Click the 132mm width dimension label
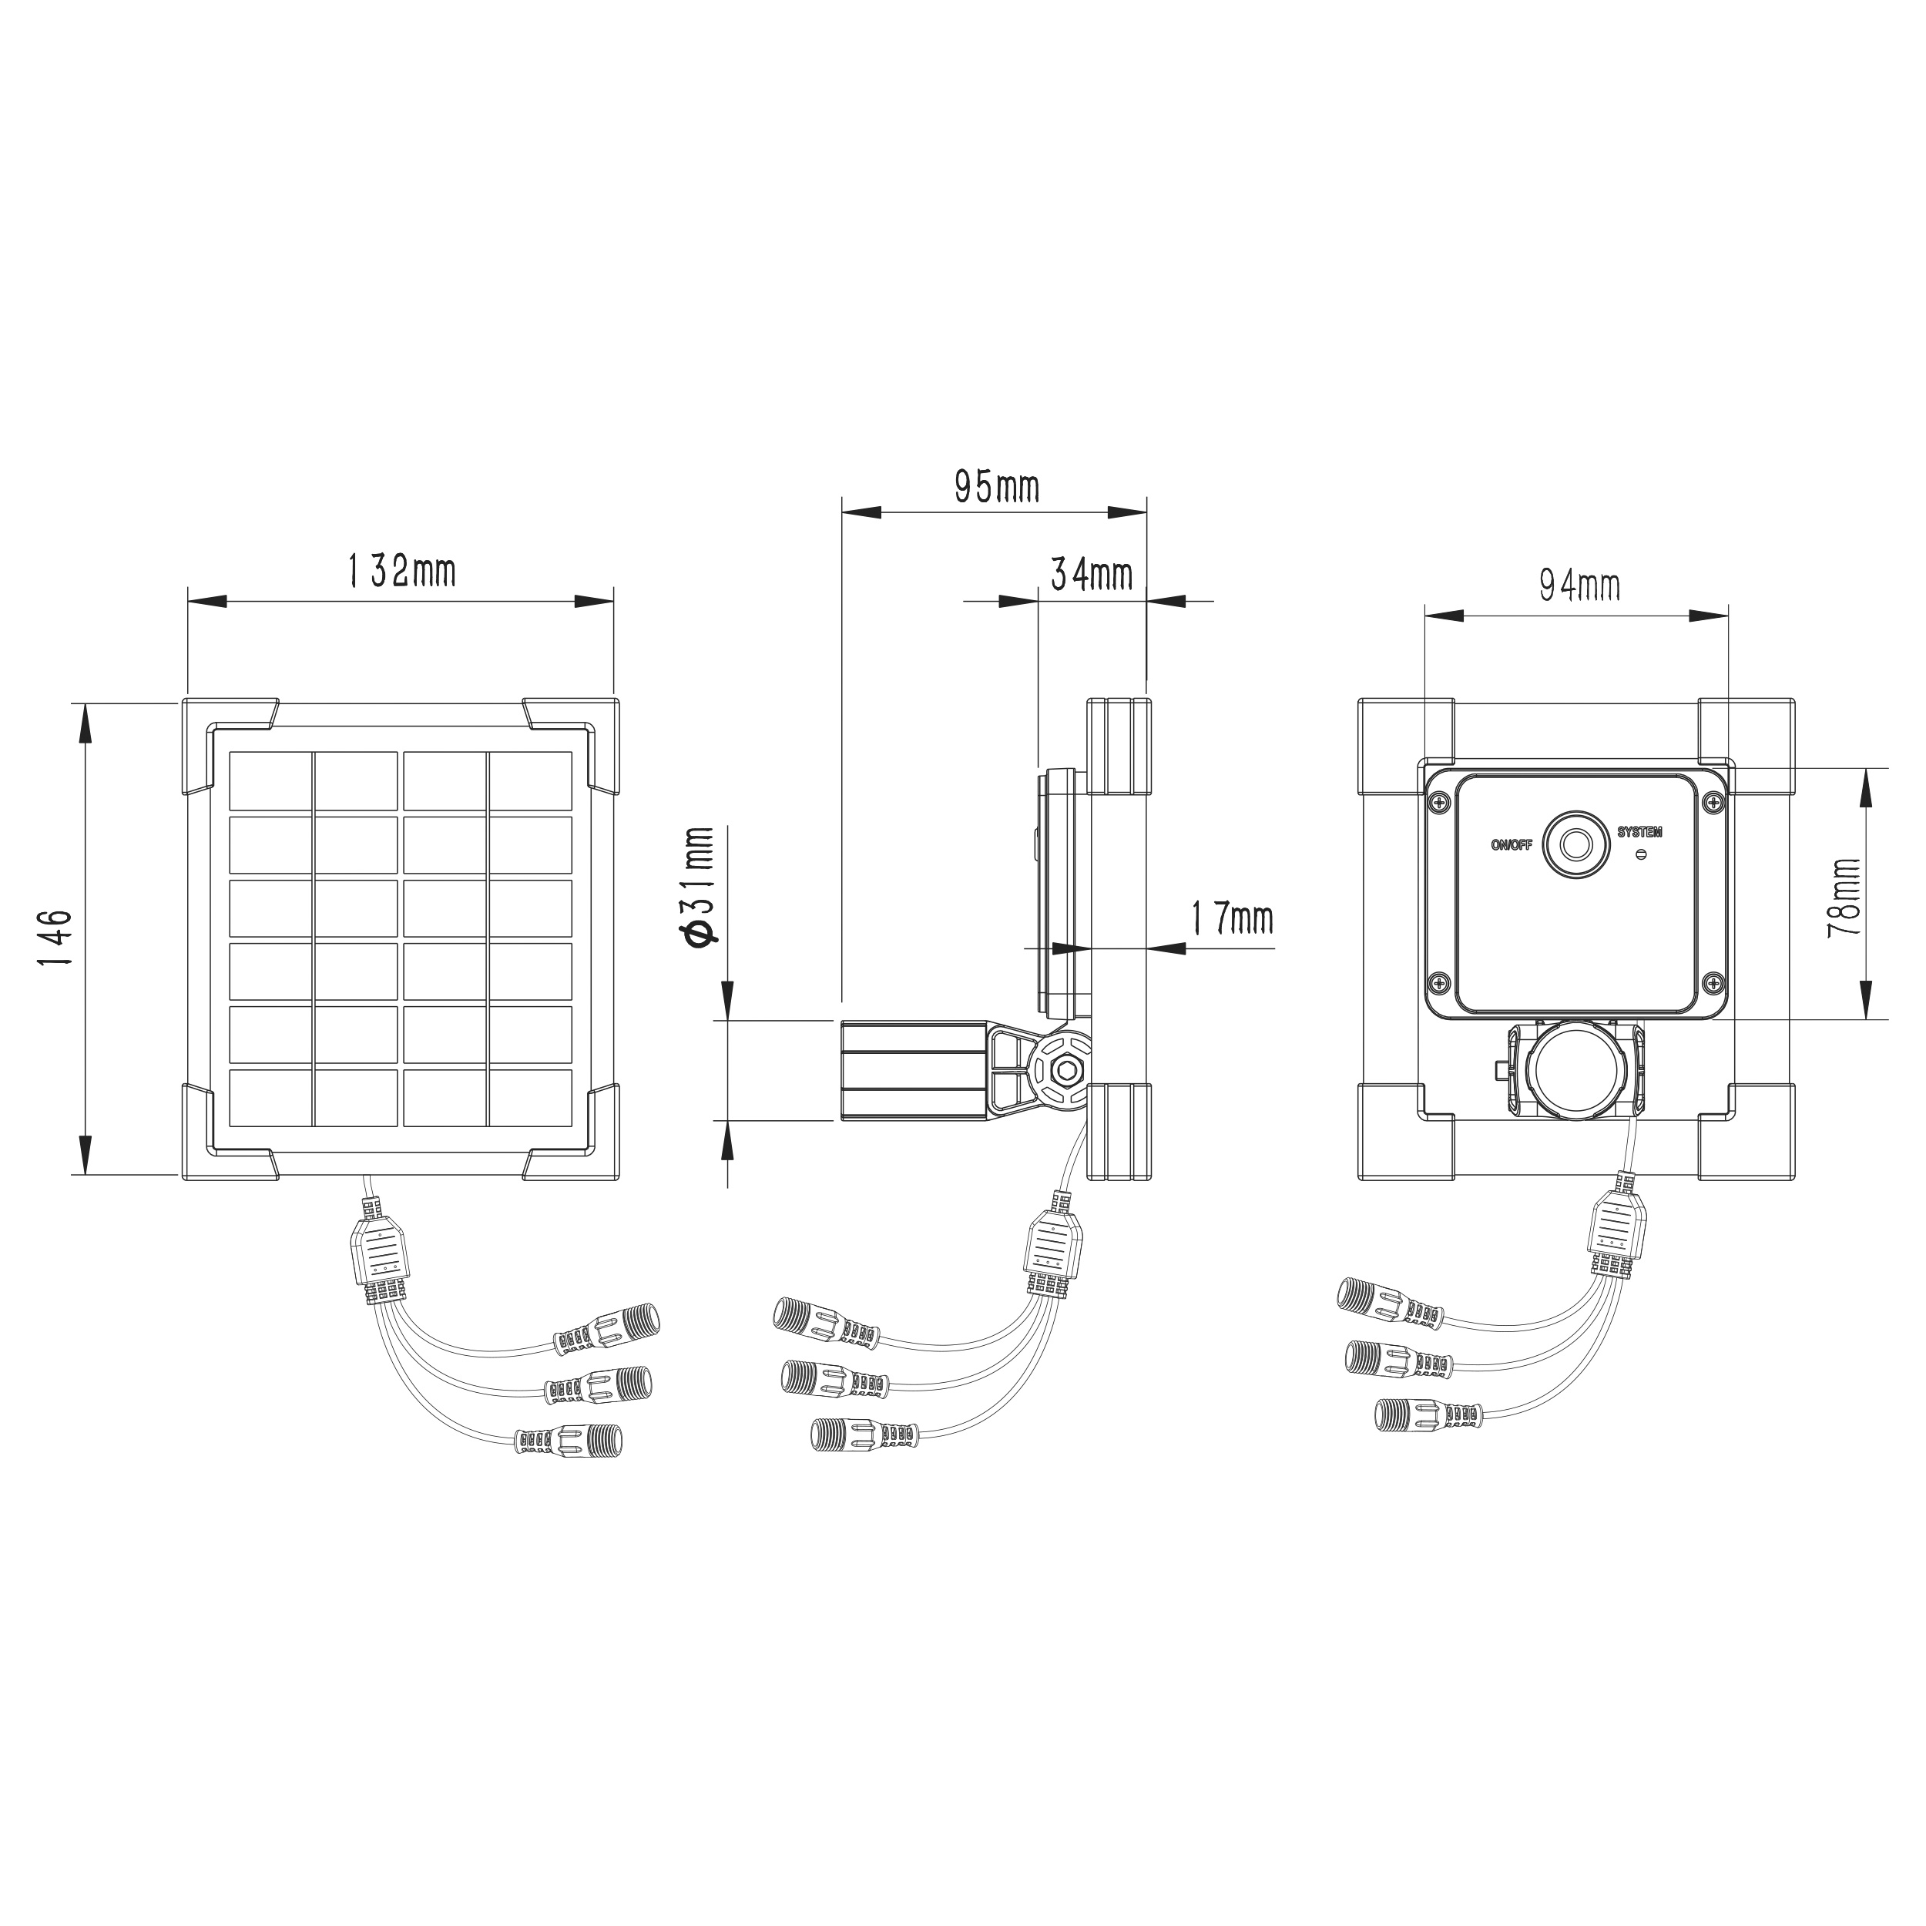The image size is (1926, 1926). coord(401,571)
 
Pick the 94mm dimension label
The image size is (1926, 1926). coord(1579,586)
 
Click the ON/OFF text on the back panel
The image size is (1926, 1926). coord(1512,845)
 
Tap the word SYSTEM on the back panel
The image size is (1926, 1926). coord(1640,831)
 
